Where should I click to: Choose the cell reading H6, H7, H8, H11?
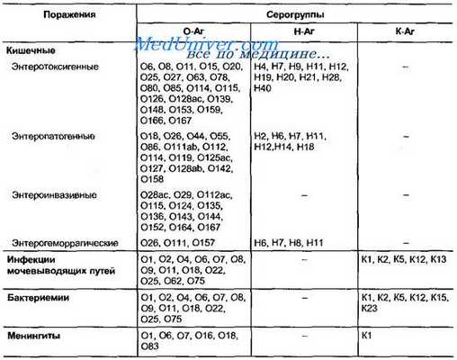tap(291, 245)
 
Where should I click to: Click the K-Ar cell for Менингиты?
tap(366, 335)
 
